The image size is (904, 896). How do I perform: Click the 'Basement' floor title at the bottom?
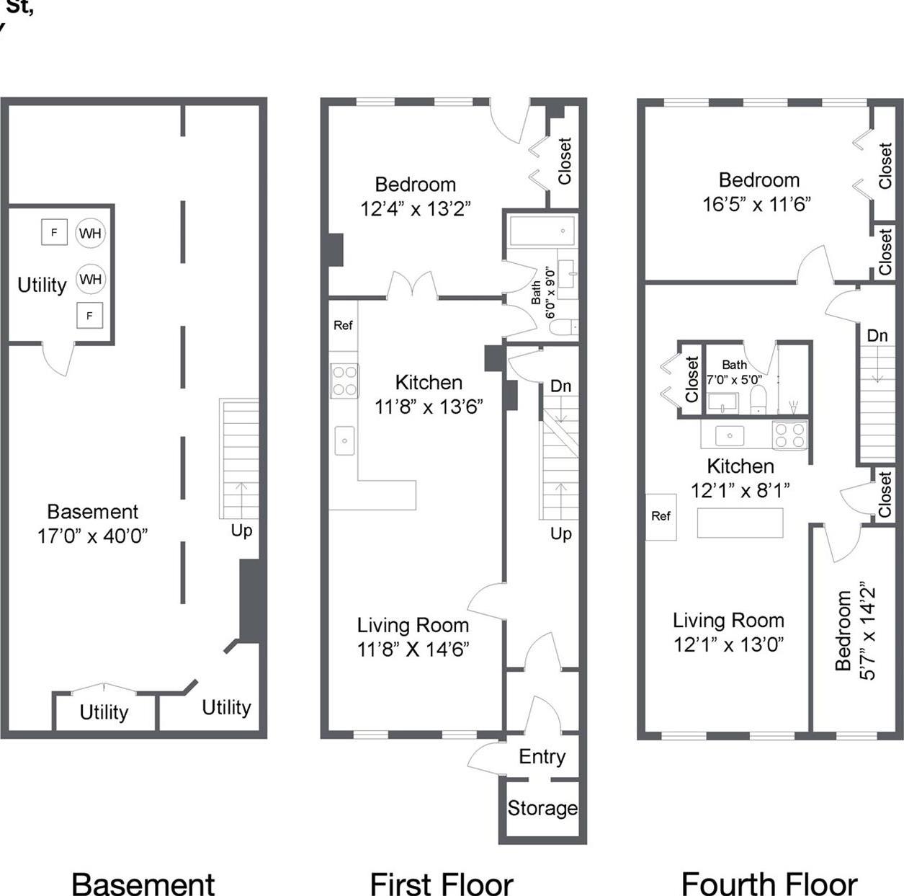tap(143, 884)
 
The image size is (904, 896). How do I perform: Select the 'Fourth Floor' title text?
tap(769, 884)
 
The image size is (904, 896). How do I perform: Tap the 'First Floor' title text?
tap(441, 884)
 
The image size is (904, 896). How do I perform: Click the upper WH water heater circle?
tap(91, 233)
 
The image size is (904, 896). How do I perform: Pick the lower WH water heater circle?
tap(91, 279)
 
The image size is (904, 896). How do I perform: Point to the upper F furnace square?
tap(54, 232)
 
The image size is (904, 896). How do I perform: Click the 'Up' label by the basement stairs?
tap(241, 531)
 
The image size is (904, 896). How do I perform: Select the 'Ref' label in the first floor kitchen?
tap(343, 326)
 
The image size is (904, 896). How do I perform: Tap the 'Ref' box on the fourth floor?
tap(661, 516)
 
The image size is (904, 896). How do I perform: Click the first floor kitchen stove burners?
tap(344, 381)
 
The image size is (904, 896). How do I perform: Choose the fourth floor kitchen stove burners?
tap(789, 435)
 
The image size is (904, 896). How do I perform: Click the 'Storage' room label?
tap(542, 808)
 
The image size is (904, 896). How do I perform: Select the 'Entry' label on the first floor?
tap(542, 757)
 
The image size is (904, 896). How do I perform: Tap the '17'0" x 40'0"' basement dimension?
tap(92, 536)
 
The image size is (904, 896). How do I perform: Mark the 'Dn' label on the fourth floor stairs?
tap(877, 335)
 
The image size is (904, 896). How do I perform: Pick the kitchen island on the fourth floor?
tap(740, 523)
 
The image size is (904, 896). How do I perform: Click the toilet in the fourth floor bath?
tap(758, 400)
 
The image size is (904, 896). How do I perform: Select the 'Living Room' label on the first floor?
tap(413, 625)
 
